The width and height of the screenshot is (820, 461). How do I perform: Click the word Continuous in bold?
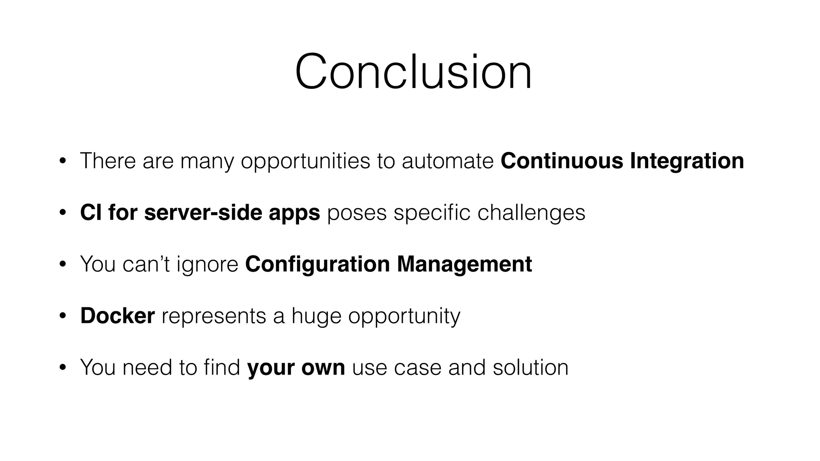[x=562, y=161]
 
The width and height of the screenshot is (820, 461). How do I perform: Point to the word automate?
[x=448, y=161]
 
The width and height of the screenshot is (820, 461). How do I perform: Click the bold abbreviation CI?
[x=90, y=212]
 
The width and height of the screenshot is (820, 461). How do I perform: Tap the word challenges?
[x=531, y=213]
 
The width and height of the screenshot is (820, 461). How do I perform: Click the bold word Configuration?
[x=317, y=265]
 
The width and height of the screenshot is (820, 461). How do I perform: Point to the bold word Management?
[x=464, y=264]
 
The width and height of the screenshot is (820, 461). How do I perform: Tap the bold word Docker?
[x=117, y=316]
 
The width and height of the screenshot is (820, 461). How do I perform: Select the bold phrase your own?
[x=296, y=368]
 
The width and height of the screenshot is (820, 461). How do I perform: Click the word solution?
[x=530, y=367]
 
